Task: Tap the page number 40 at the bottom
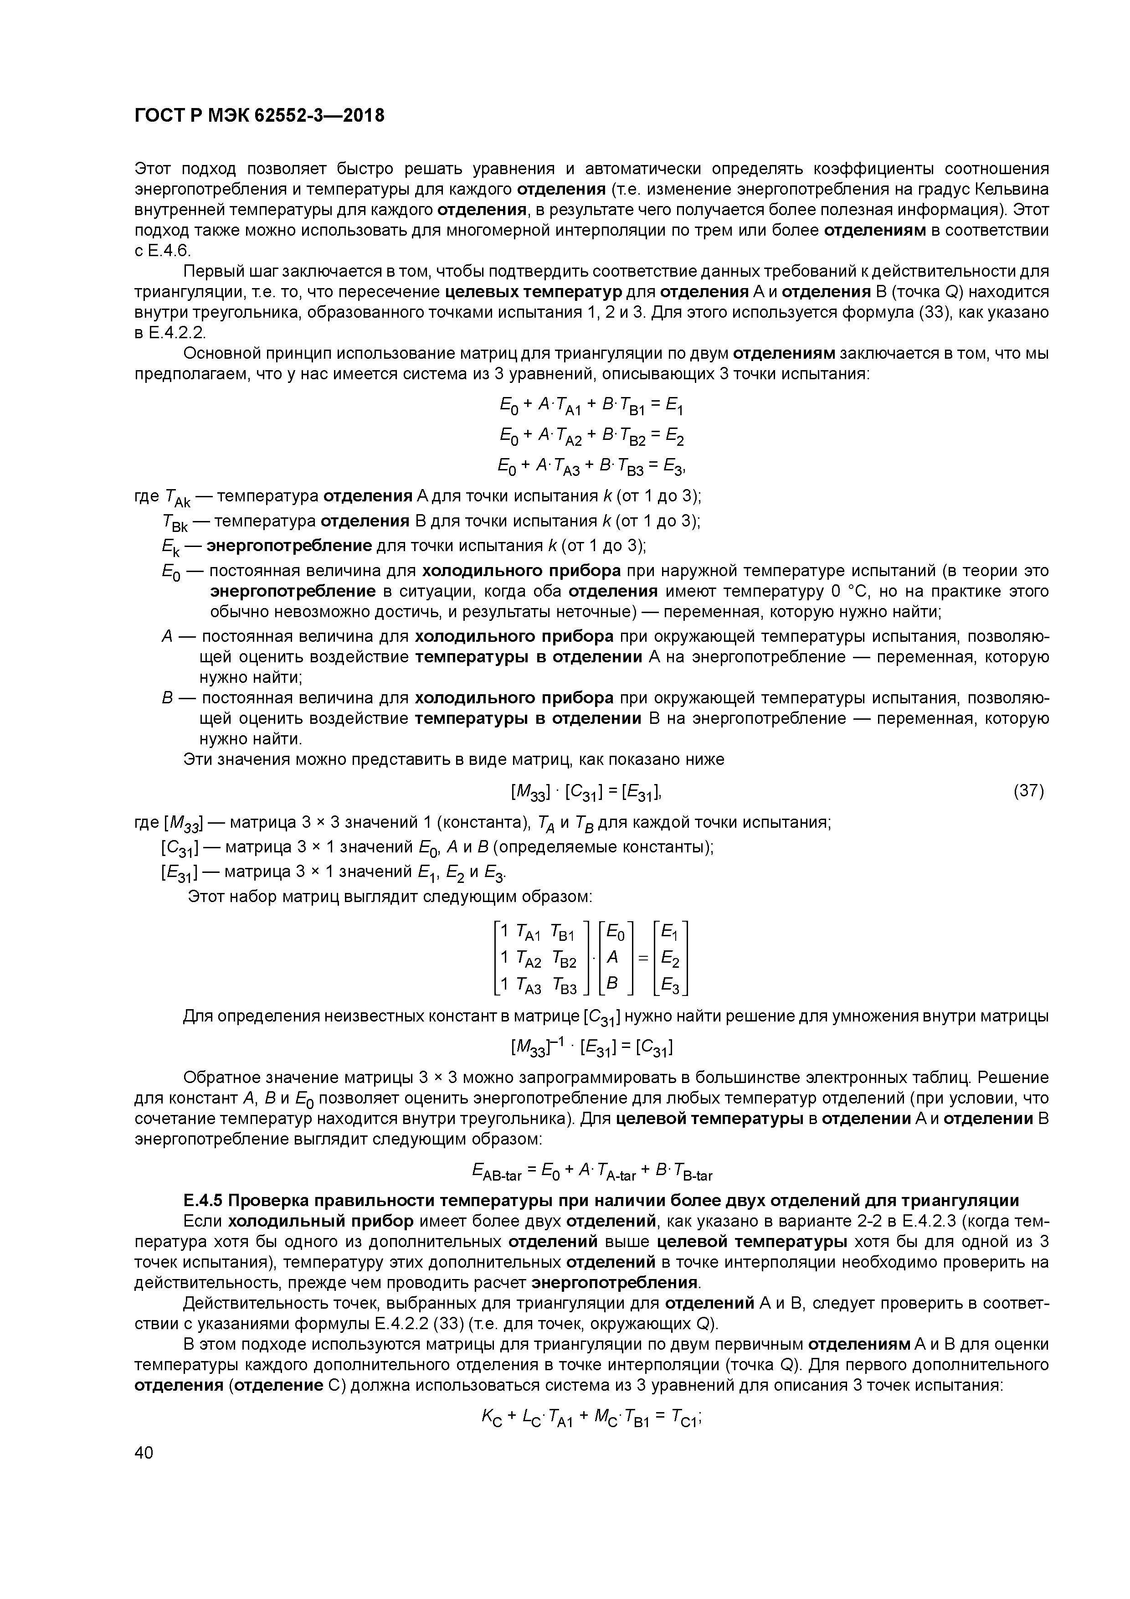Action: pos(144,1453)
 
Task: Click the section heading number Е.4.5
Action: pos(203,1201)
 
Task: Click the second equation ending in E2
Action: pos(592,437)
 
